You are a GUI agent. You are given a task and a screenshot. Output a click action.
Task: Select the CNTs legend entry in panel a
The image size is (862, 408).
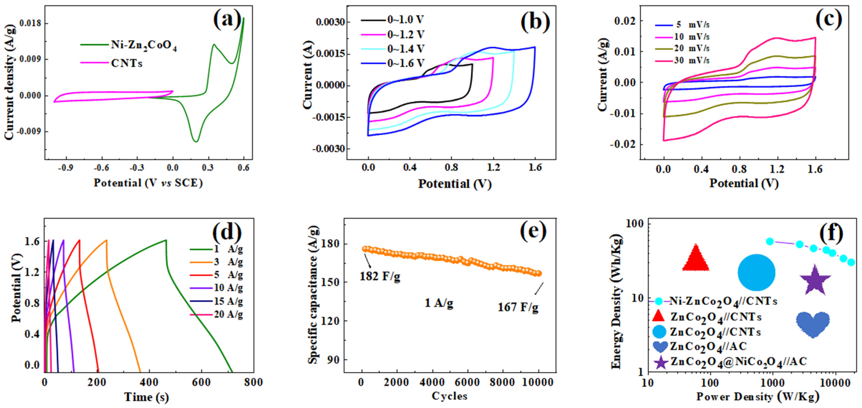(126, 63)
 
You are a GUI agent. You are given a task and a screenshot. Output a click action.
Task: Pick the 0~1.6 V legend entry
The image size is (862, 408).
(406, 63)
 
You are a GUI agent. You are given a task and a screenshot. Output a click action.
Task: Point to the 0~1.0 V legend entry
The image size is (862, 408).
(406, 20)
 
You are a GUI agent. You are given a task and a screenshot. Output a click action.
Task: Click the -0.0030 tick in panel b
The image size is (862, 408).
(329, 149)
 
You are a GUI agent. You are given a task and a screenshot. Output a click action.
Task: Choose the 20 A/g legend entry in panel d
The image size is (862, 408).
(228, 314)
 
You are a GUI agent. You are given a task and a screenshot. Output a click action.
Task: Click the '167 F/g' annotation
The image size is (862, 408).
(518, 307)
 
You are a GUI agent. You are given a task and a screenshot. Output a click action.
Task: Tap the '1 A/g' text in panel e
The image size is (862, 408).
(439, 303)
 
